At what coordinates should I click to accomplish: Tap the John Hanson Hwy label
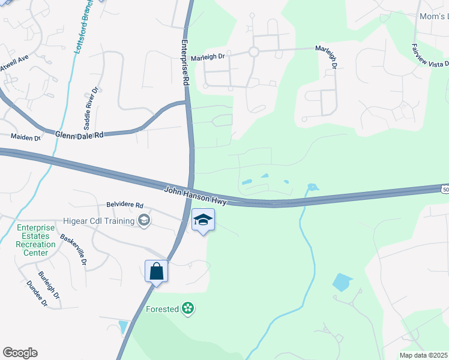coord(196,196)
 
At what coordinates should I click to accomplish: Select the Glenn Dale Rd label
coord(79,135)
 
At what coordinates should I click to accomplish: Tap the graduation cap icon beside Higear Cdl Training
coord(144,221)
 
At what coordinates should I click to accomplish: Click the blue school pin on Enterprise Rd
coord(203,220)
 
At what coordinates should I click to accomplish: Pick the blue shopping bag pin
coord(156,271)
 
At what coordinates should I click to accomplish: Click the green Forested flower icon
coord(188,309)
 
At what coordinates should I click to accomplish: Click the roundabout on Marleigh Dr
coord(254,52)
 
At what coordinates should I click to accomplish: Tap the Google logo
coord(20,352)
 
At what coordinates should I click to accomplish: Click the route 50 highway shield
coord(445,189)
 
